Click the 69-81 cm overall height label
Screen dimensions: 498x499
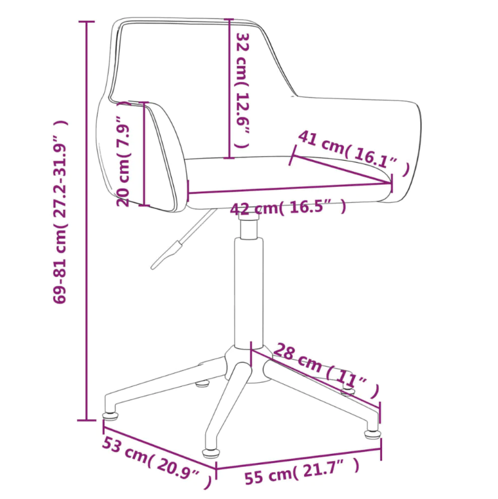tap(60, 212)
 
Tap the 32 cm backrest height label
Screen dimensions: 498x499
tap(242, 90)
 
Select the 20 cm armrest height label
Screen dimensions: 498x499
tap(123, 153)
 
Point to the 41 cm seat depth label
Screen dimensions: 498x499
tap(353, 152)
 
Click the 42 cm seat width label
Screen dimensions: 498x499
tap(288, 208)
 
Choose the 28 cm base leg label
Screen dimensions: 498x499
tap(326, 370)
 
